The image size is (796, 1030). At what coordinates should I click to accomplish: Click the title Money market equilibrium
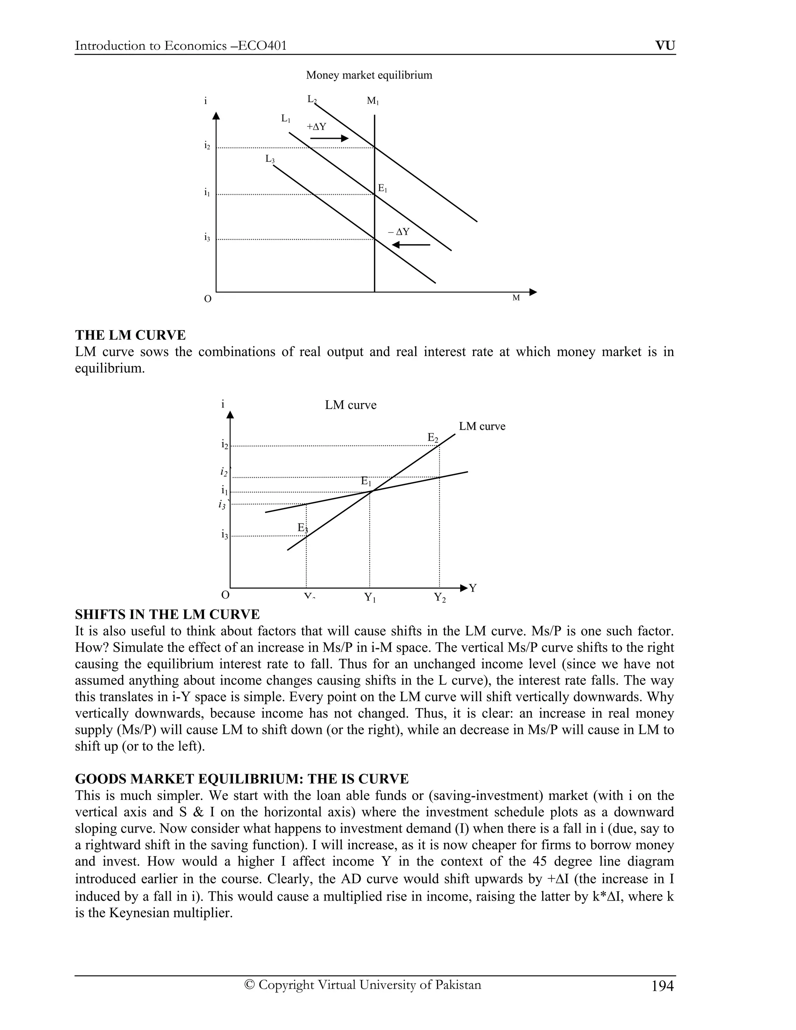(369, 75)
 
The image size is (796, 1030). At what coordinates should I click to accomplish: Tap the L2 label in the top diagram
(312, 100)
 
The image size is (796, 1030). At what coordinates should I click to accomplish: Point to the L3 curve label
(270, 159)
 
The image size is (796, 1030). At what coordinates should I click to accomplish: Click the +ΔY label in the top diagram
(316, 127)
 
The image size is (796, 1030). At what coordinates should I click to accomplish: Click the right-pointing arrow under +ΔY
(329, 138)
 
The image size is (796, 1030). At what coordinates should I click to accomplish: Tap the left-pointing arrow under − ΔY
(411, 245)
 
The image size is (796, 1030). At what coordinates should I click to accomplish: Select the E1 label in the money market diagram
(382, 189)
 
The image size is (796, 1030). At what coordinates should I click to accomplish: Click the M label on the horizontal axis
(516, 298)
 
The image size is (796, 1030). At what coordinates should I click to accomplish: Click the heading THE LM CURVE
(130, 335)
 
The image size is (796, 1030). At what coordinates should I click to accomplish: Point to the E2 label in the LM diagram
(433, 438)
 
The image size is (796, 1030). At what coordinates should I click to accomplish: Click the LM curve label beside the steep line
(482, 426)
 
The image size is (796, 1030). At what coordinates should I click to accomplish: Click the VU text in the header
(665, 46)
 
